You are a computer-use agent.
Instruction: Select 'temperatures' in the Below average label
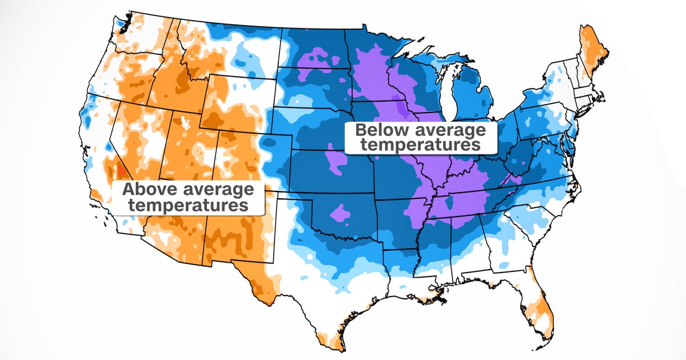[421, 145]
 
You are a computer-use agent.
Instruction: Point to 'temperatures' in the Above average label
[188, 205]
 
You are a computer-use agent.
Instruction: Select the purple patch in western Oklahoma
[341, 213]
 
